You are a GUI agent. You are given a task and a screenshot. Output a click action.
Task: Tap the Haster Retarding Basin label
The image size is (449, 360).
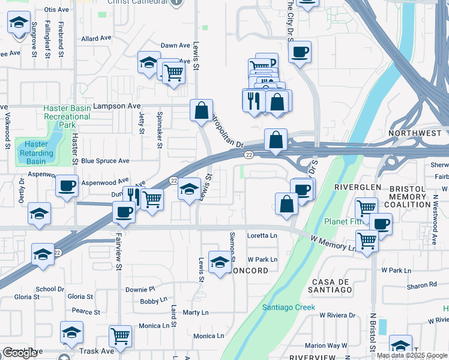click(x=36, y=152)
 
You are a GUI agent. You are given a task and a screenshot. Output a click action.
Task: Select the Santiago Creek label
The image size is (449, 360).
click(x=288, y=307)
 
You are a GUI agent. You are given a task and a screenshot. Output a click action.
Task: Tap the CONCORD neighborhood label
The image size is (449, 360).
click(x=249, y=271)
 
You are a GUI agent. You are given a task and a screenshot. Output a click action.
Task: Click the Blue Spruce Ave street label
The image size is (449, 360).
click(x=105, y=161)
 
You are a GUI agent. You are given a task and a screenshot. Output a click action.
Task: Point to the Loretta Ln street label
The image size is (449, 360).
click(x=262, y=236)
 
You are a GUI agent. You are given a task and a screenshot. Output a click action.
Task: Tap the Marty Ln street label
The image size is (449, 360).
click(x=195, y=313)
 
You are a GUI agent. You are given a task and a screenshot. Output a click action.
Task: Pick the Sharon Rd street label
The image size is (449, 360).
click(x=419, y=286)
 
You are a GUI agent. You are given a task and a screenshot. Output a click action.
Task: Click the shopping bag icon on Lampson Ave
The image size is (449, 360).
click(x=202, y=110)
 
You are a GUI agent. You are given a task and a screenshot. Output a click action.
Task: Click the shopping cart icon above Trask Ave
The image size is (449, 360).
click(x=120, y=336)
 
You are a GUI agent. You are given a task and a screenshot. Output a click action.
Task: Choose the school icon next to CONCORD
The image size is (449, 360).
click(x=219, y=262)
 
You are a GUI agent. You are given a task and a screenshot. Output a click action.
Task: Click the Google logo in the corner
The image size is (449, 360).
click(x=20, y=353)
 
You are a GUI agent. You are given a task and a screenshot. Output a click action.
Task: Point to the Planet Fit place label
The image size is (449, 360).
click(x=343, y=221)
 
